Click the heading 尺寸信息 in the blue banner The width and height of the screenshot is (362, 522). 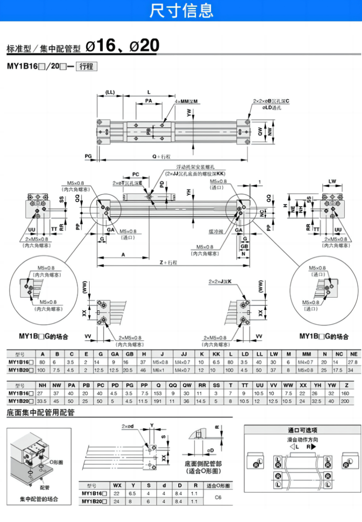click(181, 10)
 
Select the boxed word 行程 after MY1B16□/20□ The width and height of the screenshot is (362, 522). click(86, 66)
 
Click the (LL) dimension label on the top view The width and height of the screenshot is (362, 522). click(110, 92)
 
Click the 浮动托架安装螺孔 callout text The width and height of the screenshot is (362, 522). click(195, 167)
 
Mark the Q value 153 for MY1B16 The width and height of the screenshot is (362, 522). click(158, 394)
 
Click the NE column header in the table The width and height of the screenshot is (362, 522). click(353, 354)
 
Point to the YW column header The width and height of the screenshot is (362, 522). click(332, 386)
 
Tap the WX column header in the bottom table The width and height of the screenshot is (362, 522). click(118, 485)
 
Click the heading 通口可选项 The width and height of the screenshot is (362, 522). click(302, 430)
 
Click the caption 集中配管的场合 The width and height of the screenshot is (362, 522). click(39, 499)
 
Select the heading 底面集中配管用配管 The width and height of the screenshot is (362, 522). click(41, 413)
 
